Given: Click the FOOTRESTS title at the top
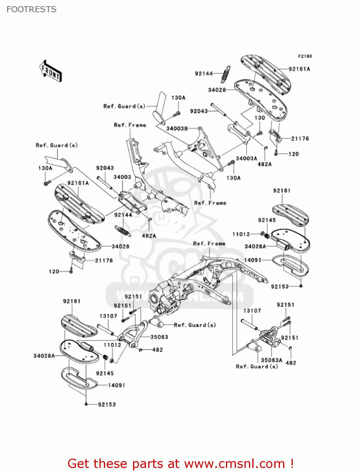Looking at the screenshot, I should tap(31, 9).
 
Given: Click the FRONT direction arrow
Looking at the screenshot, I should tap(51, 71).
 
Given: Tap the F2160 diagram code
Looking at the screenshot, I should tap(305, 56).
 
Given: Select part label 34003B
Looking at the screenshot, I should tap(177, 128).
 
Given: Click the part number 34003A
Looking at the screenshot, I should tap(246, 158).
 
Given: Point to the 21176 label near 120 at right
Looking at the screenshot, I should tap(300, 138).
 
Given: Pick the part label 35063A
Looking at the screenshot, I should tap(271, 360).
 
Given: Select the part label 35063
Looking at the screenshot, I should tap(159, 337).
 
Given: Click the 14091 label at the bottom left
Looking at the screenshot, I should tap(116, 385).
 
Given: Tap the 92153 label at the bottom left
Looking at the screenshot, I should tap(107, 404).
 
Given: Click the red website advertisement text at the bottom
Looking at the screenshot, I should tap(180, 463).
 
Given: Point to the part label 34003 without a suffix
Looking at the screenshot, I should tap(122, 177).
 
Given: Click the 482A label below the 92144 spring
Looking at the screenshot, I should tap(149, 235).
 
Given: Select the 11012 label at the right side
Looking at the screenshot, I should tap(241, 234).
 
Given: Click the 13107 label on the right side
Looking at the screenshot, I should tap(252, 311).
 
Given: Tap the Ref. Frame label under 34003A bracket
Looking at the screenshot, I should tap(210, 203).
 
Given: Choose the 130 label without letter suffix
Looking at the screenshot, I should tap(260, 118).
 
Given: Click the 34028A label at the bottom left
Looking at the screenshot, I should tap(44, 356).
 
